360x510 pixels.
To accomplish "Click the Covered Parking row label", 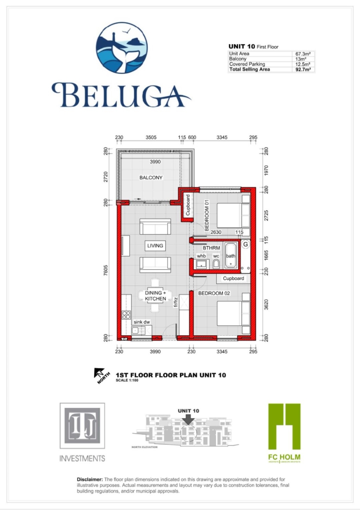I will click(x=247, y=64).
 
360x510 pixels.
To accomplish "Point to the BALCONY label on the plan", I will click(x=151, y=178).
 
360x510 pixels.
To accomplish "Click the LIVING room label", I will click(x=155, y=246).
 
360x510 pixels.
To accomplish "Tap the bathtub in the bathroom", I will click(x=230, y=255).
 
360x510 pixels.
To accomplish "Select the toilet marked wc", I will click(x=216, y=264).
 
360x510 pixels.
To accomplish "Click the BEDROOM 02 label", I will click(x=214, y=293).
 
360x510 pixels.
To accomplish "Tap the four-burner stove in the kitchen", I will click(x=126, y=314).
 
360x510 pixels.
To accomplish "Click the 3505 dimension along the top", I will click(x=151, y=138).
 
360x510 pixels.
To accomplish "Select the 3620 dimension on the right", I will click(x=266, y=306).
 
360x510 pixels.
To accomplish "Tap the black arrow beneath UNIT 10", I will click(x=188, y=418).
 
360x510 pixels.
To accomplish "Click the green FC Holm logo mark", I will click(x=284, y=426).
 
